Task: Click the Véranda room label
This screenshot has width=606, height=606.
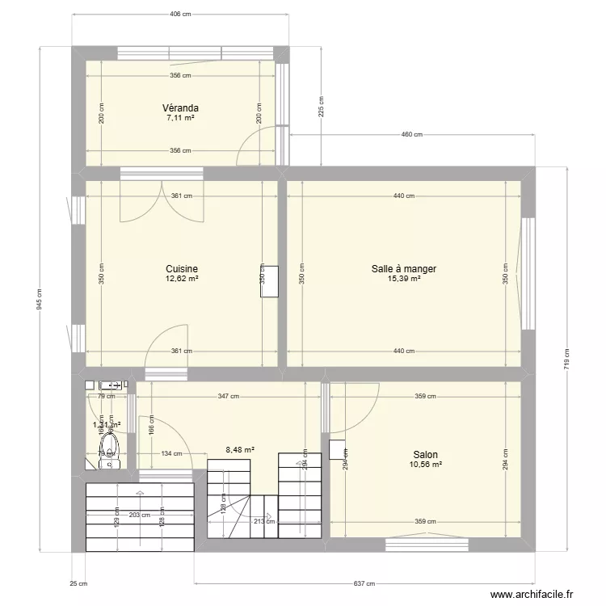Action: (180, 107)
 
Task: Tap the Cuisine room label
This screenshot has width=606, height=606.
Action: (182, 269)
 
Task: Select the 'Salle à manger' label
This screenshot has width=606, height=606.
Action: (404, 269)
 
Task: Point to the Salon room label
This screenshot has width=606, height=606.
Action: (426, 455)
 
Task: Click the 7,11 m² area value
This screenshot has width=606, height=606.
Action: (180, 118)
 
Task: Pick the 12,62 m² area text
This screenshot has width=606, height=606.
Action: (182, 280)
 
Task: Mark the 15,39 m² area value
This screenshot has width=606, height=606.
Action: (404, 280)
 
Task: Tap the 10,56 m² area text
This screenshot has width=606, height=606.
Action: (426, 465)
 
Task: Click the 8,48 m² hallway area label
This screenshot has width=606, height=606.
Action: (240, 450)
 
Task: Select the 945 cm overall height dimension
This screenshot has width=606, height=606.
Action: (38, 298)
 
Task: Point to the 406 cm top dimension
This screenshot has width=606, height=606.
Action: (180, 15)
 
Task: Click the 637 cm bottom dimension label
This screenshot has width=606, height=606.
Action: (364, 583)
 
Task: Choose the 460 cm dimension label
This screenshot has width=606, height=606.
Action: (412, 135)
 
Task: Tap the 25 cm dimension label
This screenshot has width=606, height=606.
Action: (78, 583)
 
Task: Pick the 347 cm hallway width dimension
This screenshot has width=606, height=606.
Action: (229, 397)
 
